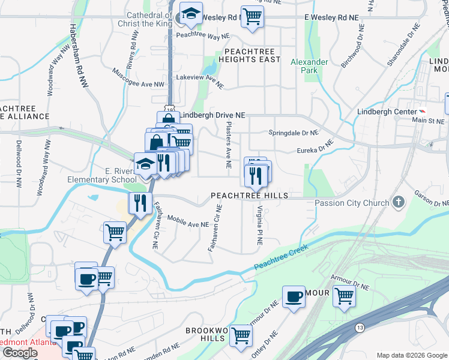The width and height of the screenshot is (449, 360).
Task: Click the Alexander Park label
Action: tap(309, 66)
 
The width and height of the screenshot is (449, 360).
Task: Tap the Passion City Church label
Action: tap(352, 203)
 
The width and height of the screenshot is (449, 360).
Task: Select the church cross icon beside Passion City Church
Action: tap(398, 203)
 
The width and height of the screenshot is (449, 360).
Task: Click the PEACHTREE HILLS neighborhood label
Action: tap(249, 196)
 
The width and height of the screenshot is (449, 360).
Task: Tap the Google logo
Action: tap(20, 353)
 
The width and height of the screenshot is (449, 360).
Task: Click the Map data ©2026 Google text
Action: tap(411, 355)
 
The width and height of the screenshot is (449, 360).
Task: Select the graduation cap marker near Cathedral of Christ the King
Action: tap(191, 15)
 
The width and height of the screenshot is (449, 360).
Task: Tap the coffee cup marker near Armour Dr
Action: tap(294, 296)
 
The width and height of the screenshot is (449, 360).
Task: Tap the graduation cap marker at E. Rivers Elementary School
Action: tap(145, 163)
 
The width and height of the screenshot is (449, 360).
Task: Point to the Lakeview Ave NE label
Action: tap(199, 78)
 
